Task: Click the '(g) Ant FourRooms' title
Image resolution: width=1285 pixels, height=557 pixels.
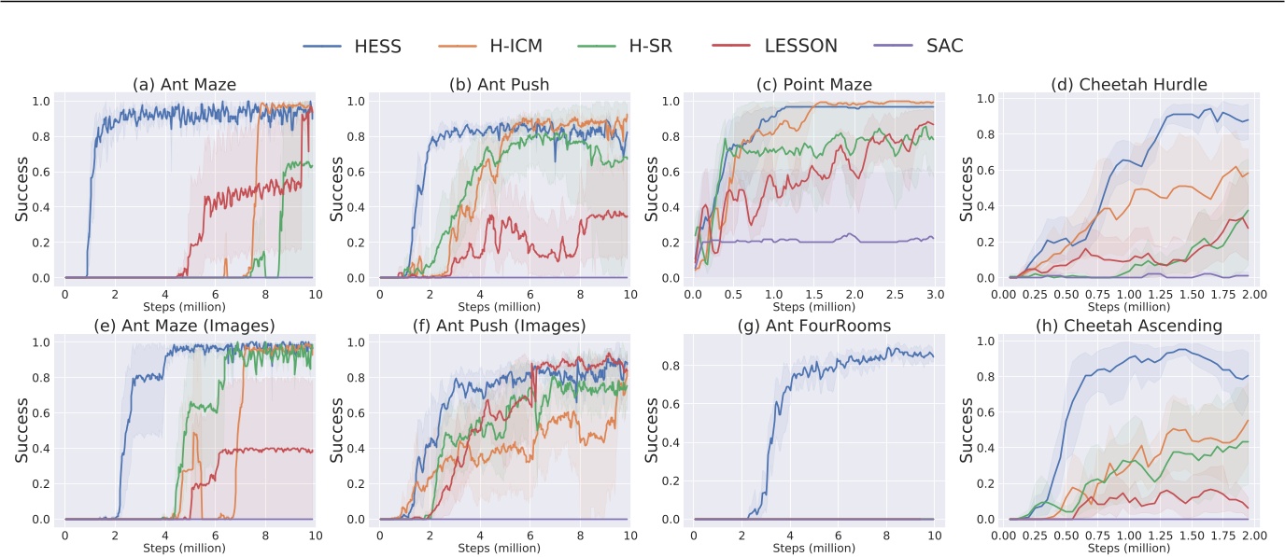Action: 812,326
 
